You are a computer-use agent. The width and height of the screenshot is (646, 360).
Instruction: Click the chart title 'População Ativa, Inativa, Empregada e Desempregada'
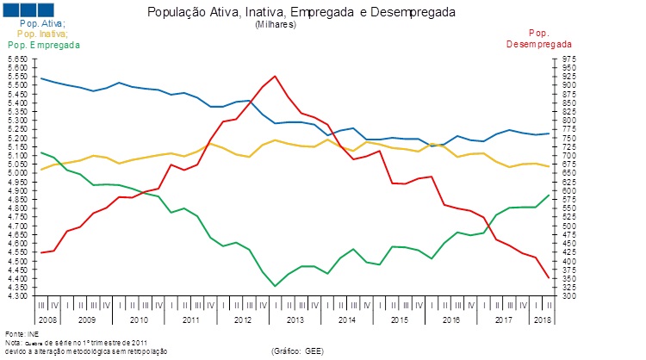pyautogui.click(x=301, y=13)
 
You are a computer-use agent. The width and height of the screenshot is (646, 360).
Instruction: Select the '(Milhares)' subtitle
pyautogui.click(x=276, y=25)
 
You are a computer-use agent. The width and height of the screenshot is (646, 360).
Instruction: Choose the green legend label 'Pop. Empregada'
pyautogui.click(x=43, y=44)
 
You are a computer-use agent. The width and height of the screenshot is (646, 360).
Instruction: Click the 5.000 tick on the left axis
pyautogui.click(x=17, y=173)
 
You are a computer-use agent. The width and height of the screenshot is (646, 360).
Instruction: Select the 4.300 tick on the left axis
pyautogui.click(x=17, y=296)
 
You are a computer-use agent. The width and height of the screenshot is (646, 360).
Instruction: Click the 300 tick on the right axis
pyautogui.click(x=563, y=296)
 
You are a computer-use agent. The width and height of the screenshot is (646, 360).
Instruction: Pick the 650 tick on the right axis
pyautogui.click(x=563, y=173)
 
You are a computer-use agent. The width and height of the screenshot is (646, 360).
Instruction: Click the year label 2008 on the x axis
pyautogui.click(x=48, y=320)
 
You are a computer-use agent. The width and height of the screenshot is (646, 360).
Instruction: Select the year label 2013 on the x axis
pyautogui.click(x=295, y=320)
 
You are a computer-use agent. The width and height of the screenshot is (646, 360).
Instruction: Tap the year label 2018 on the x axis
pyautogui.click(x=544, y=320)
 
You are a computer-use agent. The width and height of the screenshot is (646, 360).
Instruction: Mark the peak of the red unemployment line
pyautogui.click(x=275, y=76)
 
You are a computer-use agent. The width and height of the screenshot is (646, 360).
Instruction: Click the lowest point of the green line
pyautogui.click(x=275, y=286)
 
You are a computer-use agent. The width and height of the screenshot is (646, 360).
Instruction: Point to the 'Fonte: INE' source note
pyautogui.click(x=22, y=333)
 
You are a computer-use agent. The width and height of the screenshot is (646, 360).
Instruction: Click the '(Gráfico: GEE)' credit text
pyautogui.click(x=296, y=351)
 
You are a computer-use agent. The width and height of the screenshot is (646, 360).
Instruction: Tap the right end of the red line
pyautogui.click(x=550, y=277)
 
